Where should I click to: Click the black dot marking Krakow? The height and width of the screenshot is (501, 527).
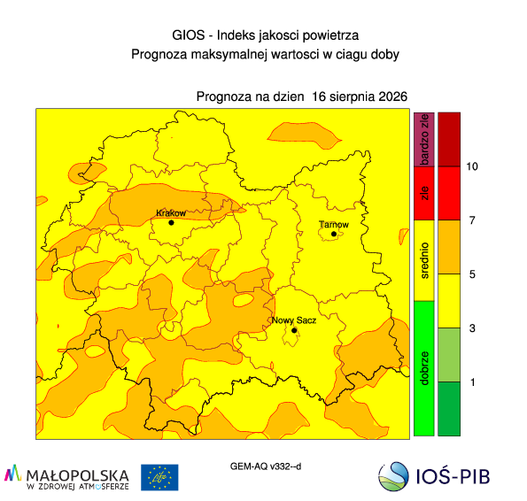tap(171, 223)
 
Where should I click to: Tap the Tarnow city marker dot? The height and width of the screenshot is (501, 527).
tap(334, 234)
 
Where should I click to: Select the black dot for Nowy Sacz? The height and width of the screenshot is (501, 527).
tap(294, 330)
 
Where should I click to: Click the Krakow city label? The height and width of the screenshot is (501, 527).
tap(171, 213)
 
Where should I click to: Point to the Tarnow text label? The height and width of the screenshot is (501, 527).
tap(334, 224)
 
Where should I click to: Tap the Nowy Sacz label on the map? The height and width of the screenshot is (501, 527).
tap(294, 320)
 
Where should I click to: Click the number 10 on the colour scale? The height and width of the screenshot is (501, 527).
tap(472, 166)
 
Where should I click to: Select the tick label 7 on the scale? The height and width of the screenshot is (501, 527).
tap(472, 220)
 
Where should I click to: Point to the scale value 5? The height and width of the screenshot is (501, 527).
tap(472, 274)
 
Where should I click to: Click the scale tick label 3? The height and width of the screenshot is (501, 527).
tap(472, 328)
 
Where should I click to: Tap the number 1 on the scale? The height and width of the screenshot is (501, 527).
tap(473, 382)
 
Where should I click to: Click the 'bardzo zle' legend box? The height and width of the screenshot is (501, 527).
tap(424, 139)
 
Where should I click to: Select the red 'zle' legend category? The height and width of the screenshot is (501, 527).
tap(424, 193)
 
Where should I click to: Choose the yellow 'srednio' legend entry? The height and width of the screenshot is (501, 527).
tap(424, 260)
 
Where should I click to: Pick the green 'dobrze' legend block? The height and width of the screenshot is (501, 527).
tap(424, 368)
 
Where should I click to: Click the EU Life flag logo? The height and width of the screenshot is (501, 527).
tap(159, 477)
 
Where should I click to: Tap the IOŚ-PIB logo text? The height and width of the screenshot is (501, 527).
tap(453, 476)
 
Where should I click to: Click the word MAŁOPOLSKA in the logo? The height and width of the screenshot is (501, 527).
tap(77, 476)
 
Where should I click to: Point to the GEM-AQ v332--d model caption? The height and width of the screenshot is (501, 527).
tap(266, 466)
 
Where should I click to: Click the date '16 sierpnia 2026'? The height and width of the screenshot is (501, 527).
tap(360, 96)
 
